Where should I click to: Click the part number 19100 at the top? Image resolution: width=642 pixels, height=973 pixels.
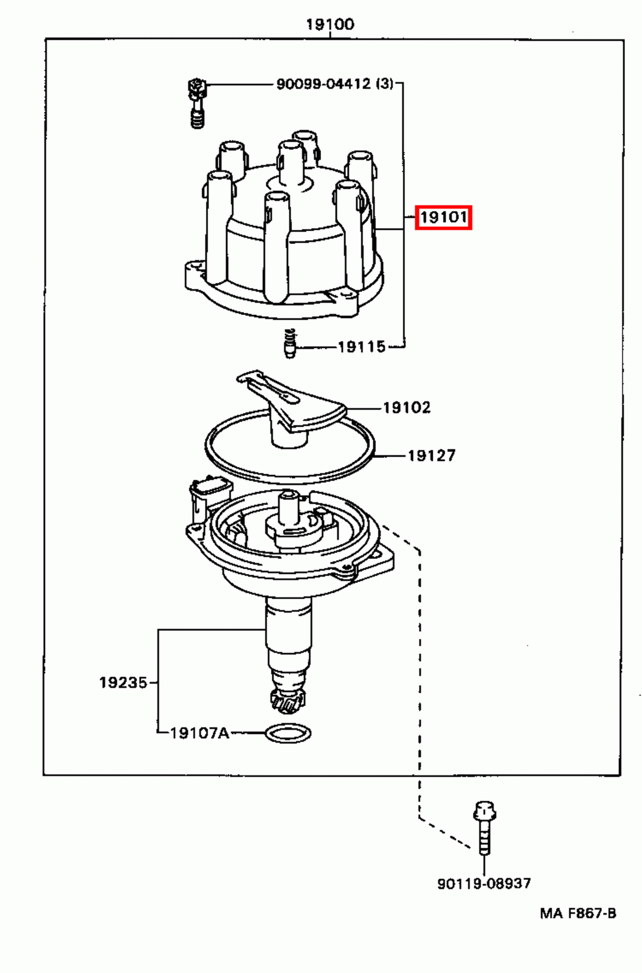point(330,24)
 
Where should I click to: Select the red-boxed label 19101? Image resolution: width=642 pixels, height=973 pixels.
point(443,217)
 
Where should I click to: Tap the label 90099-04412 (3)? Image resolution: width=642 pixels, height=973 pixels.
point(334,84)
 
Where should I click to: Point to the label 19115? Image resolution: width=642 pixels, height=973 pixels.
point(361,347)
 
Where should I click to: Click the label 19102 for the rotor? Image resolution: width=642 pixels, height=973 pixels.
point(406,407)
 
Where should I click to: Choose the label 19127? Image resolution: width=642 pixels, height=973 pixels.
point(431,455)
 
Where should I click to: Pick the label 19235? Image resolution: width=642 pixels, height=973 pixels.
point(123,682)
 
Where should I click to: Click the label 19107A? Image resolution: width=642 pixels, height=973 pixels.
point(199,733)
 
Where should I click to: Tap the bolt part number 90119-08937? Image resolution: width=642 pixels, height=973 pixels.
point(484,884)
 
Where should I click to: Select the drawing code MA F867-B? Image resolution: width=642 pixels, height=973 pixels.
point(578,913)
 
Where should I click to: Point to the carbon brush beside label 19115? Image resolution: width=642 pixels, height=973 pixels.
point(290,345)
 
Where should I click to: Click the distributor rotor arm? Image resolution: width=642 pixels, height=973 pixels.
point(292,404)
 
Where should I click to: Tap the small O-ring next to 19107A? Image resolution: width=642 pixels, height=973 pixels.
point(289,733)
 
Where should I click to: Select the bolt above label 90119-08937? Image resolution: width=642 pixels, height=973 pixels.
point(484,827)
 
